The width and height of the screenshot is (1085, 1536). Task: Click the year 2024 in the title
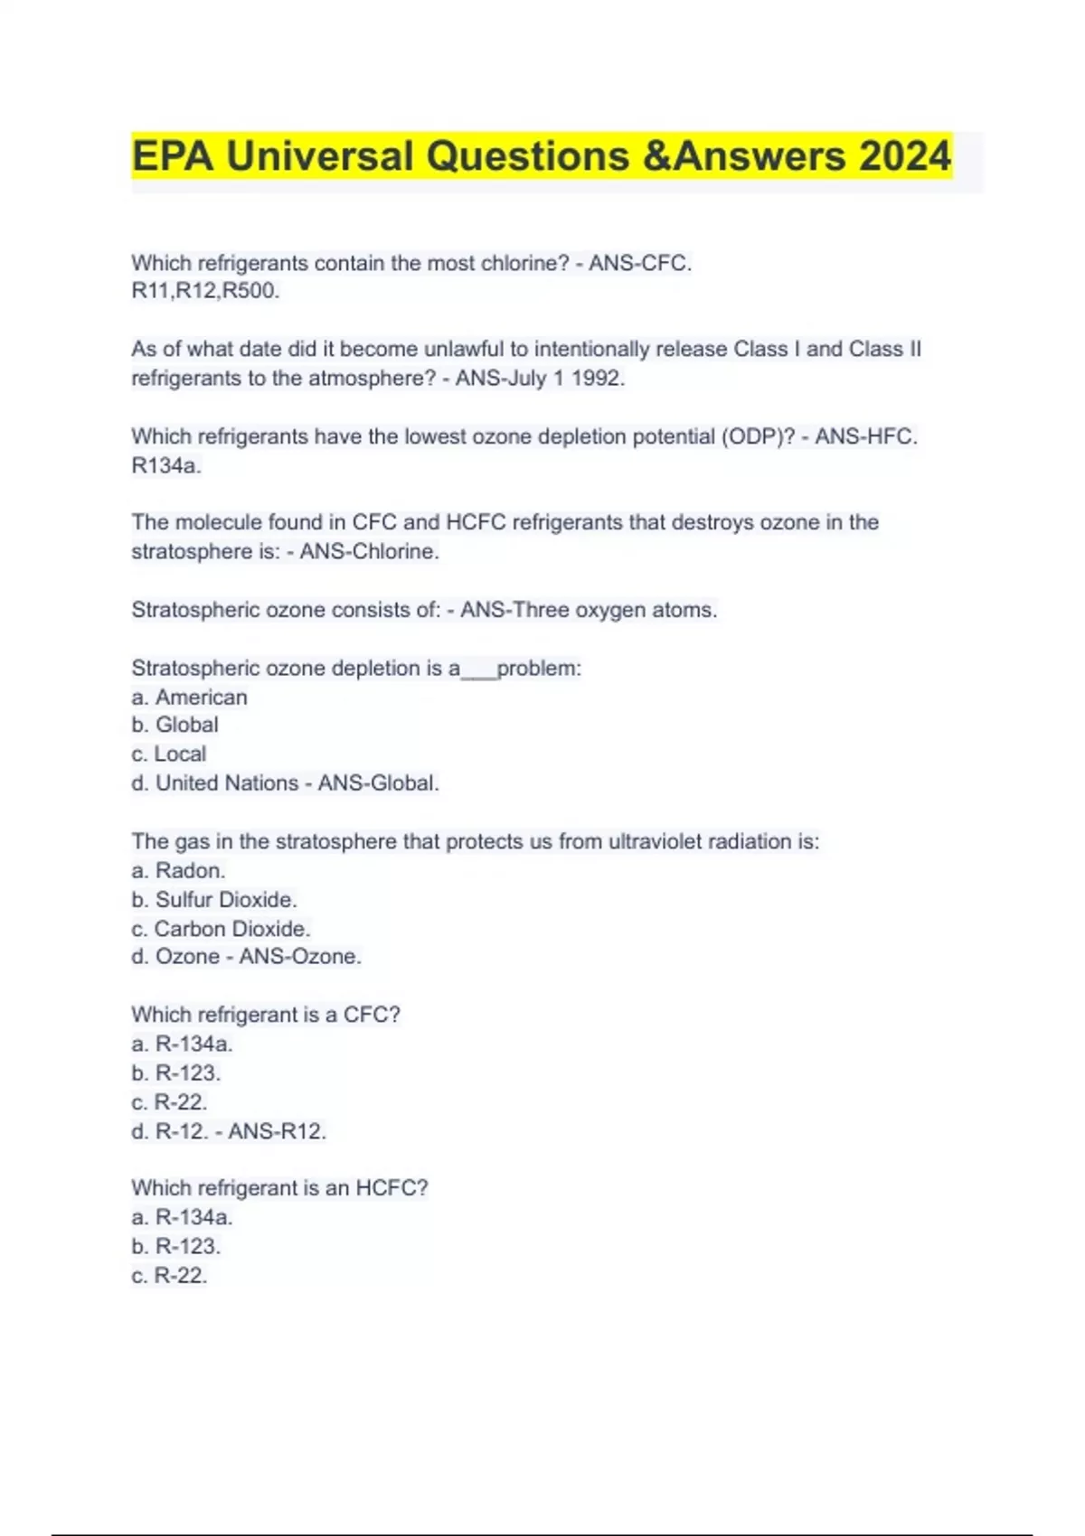click(x=905, y=155)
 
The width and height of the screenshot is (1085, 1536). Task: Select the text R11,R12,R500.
click(x=205, y=291)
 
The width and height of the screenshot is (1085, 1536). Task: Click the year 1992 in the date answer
click(x=597, y=379)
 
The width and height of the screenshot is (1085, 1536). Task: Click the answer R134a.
click(x=166, y=466)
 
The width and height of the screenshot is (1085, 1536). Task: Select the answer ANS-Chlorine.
click(x=369, y=551)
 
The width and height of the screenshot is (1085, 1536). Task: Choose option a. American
click(x=189, y=698)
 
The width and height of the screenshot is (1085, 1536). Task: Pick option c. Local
click(x=168, y=754)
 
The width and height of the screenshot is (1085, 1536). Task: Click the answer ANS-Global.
click(x=378, y=783)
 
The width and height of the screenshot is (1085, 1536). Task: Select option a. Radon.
click(x=178, y=871)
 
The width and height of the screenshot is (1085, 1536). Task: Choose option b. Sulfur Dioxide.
click(x=213, y=900)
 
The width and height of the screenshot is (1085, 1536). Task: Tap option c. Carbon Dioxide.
click(x=221, y=929)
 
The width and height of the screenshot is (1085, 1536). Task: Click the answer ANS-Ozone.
click(x=300, y=957)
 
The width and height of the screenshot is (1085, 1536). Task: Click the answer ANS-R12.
click(x=277, y=1131)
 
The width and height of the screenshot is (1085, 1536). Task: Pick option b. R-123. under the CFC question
click(x=175, y=1073)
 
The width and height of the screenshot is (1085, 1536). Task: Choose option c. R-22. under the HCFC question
click(x=169, y=1276)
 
